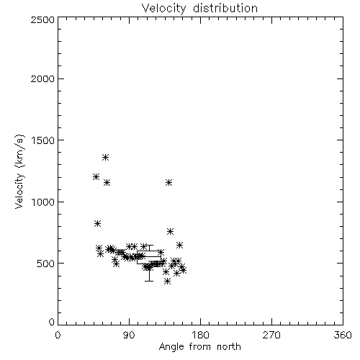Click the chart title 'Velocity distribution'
coord(199,8)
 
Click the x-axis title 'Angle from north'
coord(199,346)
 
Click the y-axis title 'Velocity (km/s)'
coord(19,171)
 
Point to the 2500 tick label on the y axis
coord(42,19)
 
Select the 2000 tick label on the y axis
coord(42,78)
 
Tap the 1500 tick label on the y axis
coord(43,140)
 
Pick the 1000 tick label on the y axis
coord(43,202)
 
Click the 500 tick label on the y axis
coord(46,264)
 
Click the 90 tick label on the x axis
coord(129,335)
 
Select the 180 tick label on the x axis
coord(200,335)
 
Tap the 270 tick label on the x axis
coord(271,335)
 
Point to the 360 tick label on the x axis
coord(343,335)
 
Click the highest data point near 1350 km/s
coord(105,158)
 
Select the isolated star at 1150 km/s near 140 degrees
coord(168,183)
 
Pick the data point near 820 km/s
coord(97,224)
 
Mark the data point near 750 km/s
coord(170,232)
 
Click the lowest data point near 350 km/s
coord(168,281)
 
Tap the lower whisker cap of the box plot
coord(149,281)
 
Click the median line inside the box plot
coord(149,257)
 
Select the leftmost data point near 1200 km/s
coord(96,177)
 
